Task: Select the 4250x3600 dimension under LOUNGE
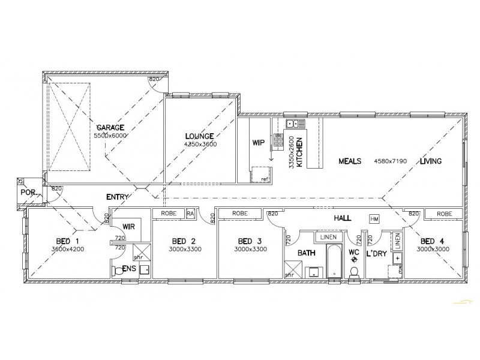(201, 145)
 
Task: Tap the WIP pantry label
(259, 143)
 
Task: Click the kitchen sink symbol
(295, 124)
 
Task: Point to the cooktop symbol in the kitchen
(279, 140)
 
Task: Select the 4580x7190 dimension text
(391, 161)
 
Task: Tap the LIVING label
(431, 161)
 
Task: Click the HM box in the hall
(375, 219)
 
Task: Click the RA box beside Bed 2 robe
(190, 213)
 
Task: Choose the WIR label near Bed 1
(128, 227)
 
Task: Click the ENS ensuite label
(128, 269)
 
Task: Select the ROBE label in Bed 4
(445, 214)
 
